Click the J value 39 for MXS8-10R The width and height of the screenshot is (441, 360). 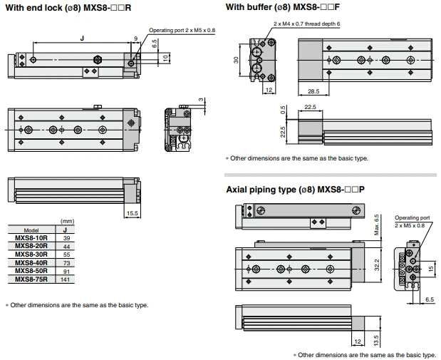(x=66, y=238)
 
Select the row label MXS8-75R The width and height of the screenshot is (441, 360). (x=31, y=279)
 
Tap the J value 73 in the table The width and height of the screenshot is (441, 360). (x=66, y=263)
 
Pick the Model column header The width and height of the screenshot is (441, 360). (x=31, y=230)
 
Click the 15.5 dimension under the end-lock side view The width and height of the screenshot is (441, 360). (x=133, y=213)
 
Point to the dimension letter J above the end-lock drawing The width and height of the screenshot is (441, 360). (x=82, y=38)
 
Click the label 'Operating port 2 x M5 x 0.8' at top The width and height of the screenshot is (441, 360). (x=182, y=30)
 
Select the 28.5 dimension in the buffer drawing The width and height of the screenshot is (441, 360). (x=313, y=91)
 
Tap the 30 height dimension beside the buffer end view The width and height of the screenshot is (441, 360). (x=236, y=60)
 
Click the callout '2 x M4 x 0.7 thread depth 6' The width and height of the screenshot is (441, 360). (x=306, y=24)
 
